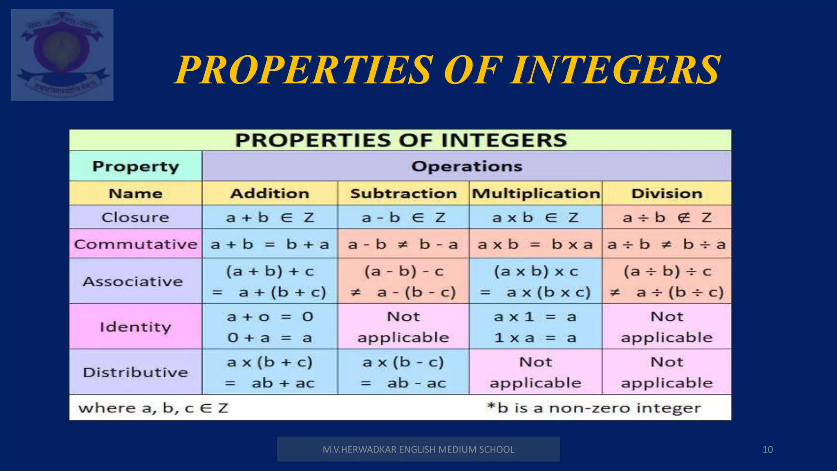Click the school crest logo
click(62, 55)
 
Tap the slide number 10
click(768, 450)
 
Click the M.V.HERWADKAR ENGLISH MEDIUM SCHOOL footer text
click(418, 450)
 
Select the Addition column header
click(270, 193)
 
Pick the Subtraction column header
click(403, 193)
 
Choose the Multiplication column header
click(536, 193)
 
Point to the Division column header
click(667, 193)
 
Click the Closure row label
click(135, 217)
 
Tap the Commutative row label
click(136, 244)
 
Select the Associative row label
click(133, 281)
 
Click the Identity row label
click(135, 327)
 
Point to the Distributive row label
click(135, 372)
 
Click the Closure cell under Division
click(667, 217)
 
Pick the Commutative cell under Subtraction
click(403, 244)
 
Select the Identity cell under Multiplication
click(535, 327)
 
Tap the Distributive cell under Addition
click(270, 372)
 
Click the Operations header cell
click(466, 166)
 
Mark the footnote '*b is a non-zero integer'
click(593, 408)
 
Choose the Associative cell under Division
click(667, 281)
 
